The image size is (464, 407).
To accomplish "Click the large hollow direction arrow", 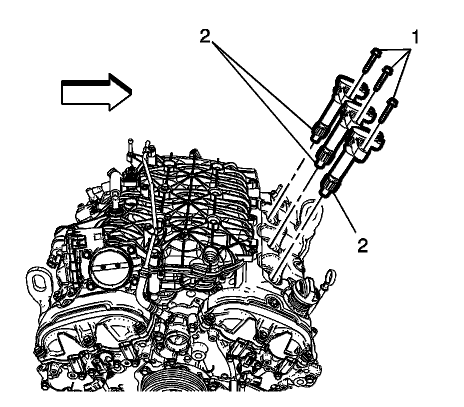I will (x=95, y=91).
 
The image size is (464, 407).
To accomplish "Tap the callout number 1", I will (x=414, y=38).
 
